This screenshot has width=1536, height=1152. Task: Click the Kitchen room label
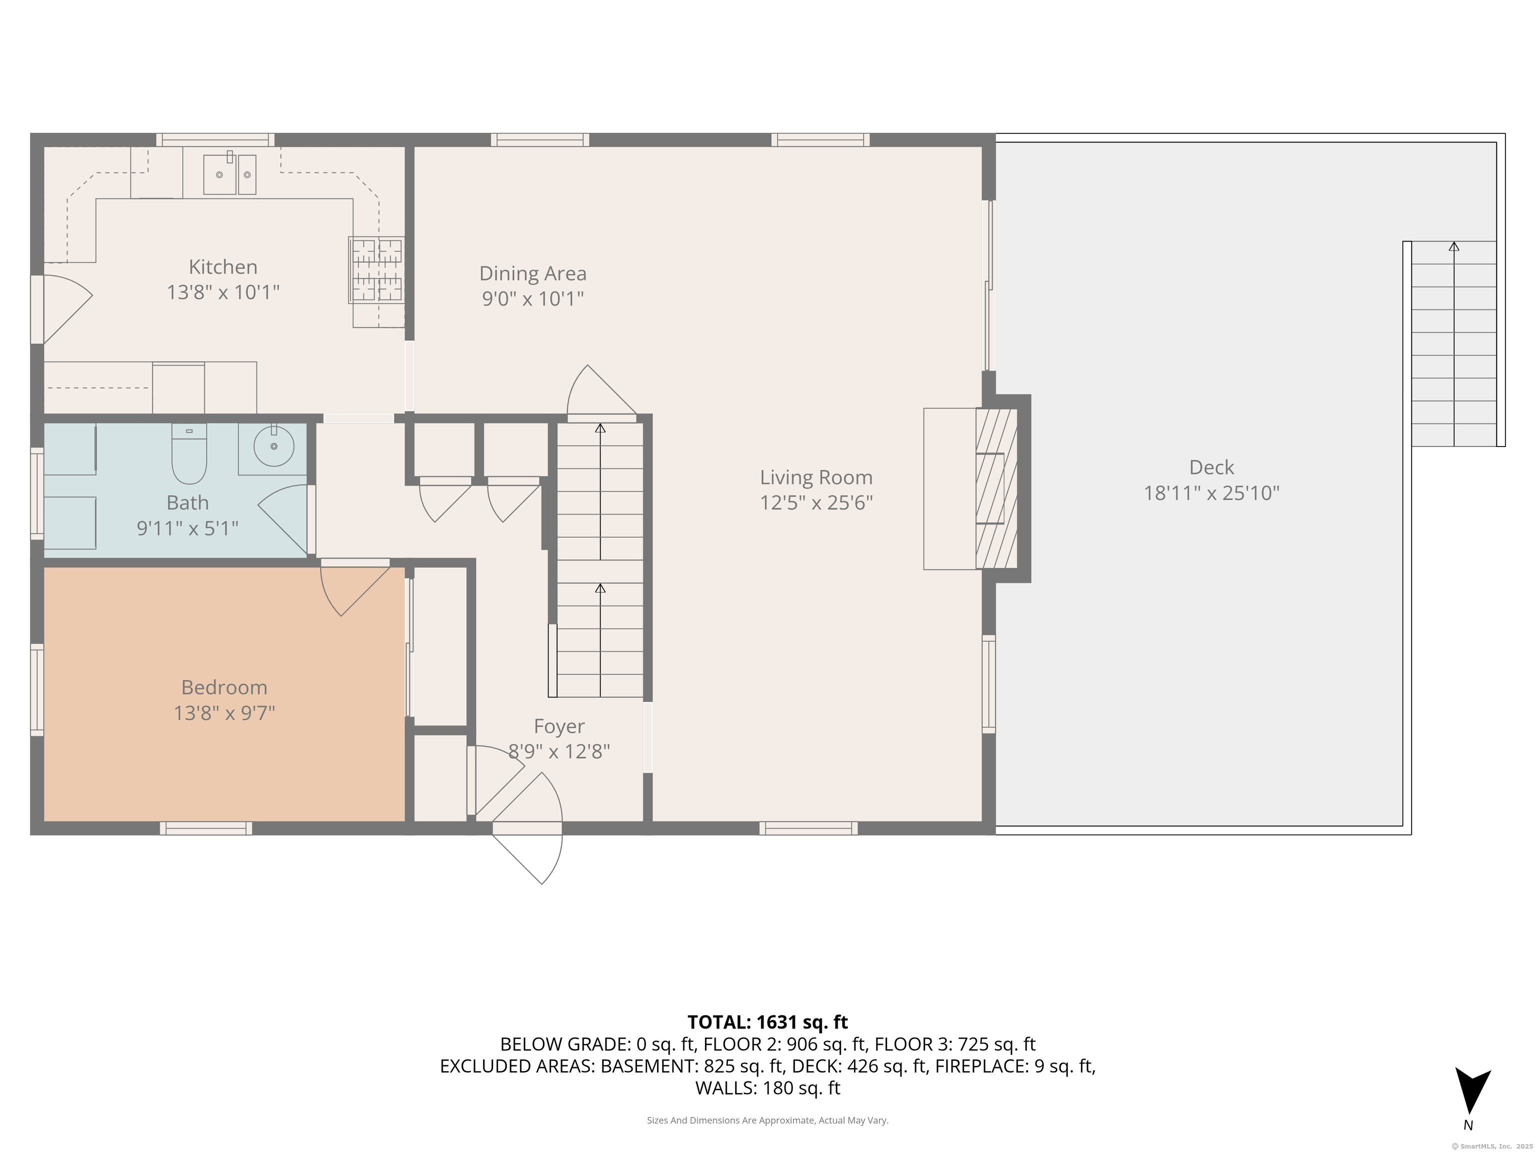(223, 267)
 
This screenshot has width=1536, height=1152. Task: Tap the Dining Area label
(532, 273)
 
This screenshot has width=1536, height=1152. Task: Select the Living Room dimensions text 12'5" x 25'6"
(816, 502)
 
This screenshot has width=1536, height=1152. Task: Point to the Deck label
(1211, 467)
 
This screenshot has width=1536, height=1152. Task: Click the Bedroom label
(224, 687)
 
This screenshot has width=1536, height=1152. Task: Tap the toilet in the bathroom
(189, 453)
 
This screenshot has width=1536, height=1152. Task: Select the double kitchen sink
(229, 174)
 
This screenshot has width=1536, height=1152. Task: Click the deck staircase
(1453, 343)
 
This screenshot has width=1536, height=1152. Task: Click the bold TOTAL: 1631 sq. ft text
(767, 1022)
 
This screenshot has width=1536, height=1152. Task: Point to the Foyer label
(559, 726)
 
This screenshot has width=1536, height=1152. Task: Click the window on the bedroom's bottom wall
(206, 827)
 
